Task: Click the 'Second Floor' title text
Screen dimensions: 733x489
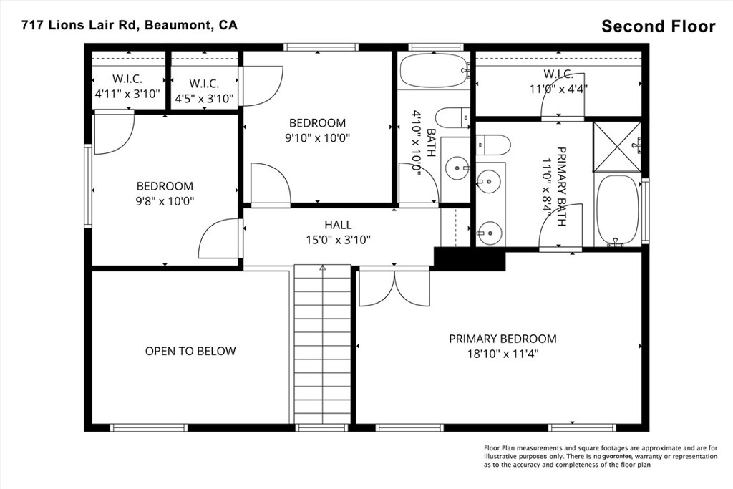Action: (659, 26)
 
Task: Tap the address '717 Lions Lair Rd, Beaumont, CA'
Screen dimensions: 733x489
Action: (130, 25)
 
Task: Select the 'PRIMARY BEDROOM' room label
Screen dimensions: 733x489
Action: (503, 339)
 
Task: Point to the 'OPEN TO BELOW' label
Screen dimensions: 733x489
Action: (190, 351)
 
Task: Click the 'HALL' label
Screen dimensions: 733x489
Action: (338, 225)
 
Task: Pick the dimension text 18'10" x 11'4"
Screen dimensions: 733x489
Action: (503, 354)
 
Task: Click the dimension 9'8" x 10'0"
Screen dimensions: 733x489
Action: (165, 201)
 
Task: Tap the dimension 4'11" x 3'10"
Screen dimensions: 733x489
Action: (127, 94)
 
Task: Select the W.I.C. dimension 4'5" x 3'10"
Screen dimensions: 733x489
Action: (204, 99)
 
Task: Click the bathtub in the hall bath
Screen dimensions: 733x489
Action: (435, 70)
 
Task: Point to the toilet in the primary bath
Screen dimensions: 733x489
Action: (492, 145)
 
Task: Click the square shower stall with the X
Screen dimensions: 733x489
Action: (617, 146)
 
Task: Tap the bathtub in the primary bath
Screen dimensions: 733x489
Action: (617, 210)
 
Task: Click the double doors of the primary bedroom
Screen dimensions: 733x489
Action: (394, 288)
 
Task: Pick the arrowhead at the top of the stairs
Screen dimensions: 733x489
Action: (322, 268)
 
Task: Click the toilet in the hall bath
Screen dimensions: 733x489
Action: (452, 118)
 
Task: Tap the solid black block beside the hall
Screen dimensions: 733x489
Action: (470, 259)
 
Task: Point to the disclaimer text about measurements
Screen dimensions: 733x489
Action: (601, 456)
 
